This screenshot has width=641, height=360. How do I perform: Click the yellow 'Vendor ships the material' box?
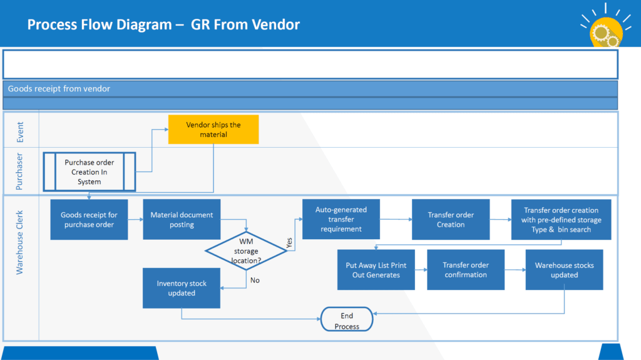point(213,130)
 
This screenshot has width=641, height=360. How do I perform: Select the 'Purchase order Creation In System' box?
point(90,172)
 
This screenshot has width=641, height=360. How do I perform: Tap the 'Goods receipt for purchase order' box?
point(89,220)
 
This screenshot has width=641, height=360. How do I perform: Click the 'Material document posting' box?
point(182,220)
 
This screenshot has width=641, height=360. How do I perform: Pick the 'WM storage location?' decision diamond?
point(246,251)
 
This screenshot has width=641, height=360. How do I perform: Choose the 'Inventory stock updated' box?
point(182,288)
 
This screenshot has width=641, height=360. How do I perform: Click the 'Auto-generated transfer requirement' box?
point(341,220)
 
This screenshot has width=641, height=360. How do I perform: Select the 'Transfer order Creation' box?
point(451,220)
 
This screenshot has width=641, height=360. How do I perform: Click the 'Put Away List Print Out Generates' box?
point(376,270)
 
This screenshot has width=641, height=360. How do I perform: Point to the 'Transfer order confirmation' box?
point(466,270)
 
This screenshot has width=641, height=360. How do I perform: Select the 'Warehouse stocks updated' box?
point(565,270)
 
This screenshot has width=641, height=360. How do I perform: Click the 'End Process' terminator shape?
point(347,321)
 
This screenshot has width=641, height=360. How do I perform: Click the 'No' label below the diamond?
point(255,280)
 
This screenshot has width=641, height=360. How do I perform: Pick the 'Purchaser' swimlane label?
point(20,171)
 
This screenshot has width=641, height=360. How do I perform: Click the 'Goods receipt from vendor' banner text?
point(59,89)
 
